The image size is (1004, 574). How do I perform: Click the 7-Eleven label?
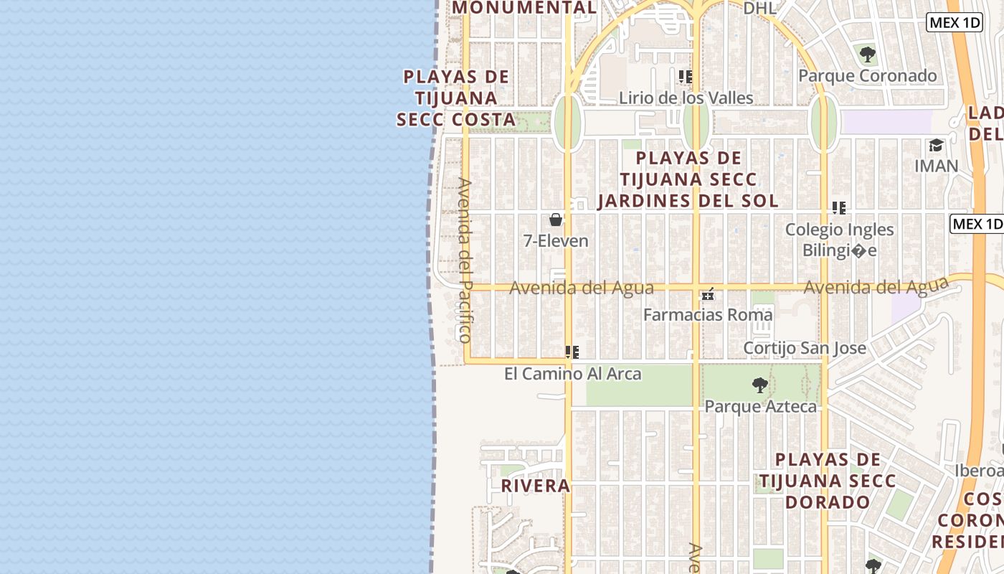[556, 241]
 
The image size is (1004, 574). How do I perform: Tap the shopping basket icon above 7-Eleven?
[556, 220]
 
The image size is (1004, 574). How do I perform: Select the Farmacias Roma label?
[708, 314]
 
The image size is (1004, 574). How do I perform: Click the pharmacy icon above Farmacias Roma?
[708, 294]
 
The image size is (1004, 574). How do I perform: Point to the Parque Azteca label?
[760, 407]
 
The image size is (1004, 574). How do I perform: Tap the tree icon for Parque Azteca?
[760, 386]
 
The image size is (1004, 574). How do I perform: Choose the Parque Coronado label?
[867, 75]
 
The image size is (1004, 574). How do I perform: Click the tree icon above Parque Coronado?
[867, 54]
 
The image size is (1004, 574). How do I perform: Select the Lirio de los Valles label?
[686, 98]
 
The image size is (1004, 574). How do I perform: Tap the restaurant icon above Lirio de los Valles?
[686, 76]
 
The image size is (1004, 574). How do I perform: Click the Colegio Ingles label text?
[839, 230]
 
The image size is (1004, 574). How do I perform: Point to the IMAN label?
[936, 166]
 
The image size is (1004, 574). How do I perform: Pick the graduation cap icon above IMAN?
[936, 146]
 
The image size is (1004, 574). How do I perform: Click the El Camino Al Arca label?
[572, 374]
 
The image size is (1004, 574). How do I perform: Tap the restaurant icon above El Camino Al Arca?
[572, 352]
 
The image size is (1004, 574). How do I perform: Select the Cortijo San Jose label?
[805, 348]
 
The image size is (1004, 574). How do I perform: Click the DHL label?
[759, 8]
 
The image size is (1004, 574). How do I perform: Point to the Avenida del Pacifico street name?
[465, 260]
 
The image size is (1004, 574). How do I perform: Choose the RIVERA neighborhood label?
[535, 486]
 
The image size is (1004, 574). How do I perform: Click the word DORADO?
[828, 502]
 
